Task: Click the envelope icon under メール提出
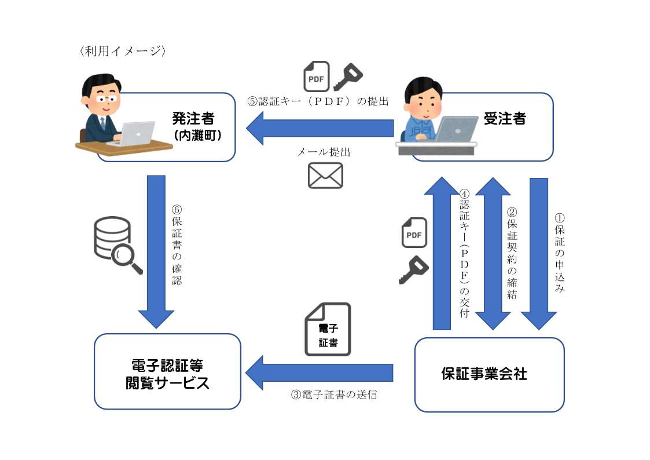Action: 325,176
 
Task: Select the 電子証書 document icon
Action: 328,329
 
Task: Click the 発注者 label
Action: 193,119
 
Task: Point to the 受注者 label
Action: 505,119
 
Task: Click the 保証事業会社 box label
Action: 484,374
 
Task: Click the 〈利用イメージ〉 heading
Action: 123,51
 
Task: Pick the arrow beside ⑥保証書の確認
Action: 156,251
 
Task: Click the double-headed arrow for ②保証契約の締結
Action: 493,253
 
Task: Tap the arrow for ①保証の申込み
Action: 538,253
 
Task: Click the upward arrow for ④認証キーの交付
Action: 442,253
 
